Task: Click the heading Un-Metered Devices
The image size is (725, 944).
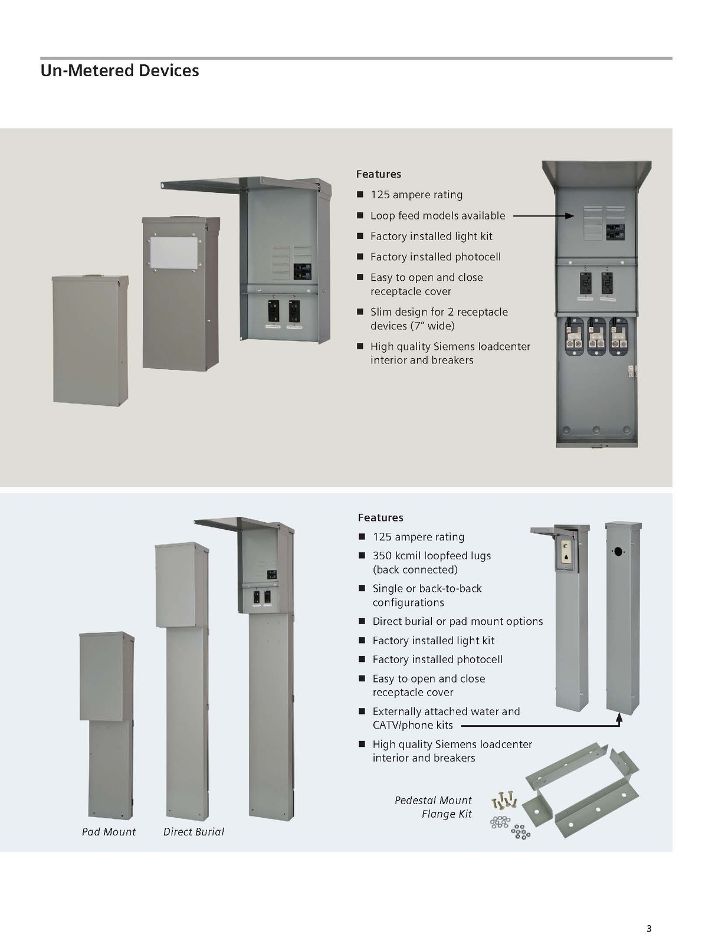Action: point(120,71)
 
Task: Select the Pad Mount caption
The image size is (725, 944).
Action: point(109,832)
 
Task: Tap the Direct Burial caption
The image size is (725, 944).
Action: point(193,832)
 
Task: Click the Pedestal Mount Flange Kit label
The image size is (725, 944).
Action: point(434,807)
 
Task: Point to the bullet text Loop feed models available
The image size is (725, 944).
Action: point(438,216)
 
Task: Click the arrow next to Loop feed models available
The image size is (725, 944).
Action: point(543,216)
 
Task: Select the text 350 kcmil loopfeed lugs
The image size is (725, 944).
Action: point(431,556)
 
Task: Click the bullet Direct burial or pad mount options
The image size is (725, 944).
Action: point(457,621)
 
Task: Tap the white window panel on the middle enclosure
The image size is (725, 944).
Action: point(173,253)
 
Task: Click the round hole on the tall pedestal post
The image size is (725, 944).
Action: point(618,552)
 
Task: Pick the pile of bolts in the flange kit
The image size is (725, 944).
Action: point(503,801)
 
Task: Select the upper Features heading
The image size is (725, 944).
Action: point(378,174)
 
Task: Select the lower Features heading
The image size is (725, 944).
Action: point(380,517)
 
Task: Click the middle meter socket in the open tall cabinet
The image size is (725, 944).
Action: point(596,336)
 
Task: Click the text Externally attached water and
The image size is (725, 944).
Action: point(446,712)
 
